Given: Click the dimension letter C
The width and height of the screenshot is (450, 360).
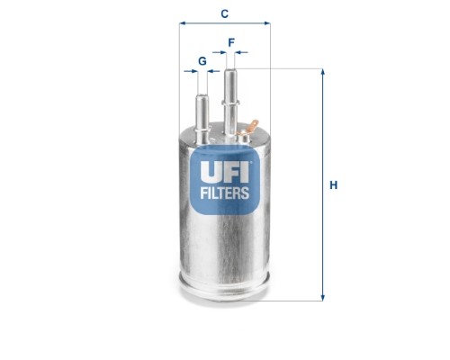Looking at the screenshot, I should pos(224,13).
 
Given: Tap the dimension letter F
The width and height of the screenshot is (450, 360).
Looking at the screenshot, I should pos(231,42).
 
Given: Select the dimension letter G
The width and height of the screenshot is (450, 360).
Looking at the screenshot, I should pos(202,60).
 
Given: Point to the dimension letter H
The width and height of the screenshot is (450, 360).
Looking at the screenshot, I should pos(333,185).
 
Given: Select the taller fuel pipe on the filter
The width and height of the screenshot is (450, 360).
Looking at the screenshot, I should pos(231,99).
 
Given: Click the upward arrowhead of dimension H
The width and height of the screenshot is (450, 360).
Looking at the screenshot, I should pos(322,73).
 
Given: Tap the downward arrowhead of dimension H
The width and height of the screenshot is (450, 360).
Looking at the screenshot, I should pos(322,296).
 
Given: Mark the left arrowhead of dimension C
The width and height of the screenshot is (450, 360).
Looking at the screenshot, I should pos(183,23).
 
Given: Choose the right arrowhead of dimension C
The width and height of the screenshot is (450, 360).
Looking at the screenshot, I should pos(266,23).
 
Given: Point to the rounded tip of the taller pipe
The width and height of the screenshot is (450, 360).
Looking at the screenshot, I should pos(231,71).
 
